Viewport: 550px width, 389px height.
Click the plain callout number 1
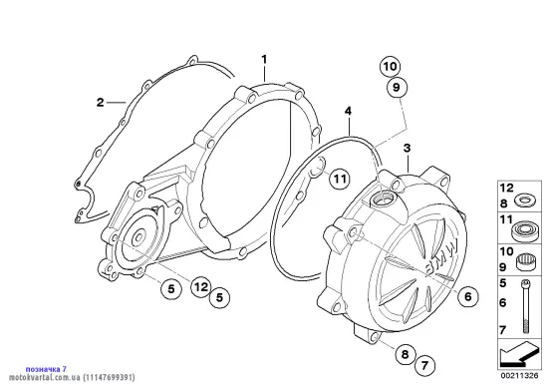pyautogui.click(x=264, y=59)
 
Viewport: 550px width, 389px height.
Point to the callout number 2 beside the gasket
pyautogui.click(x=101, y=103)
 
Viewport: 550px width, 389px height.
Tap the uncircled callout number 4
pyautogui.click(x=348, y=112)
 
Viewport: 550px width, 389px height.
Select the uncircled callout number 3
pyautogui.click(x=407, y=149)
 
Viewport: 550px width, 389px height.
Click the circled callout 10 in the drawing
pyautogui.click(x=390, y=67)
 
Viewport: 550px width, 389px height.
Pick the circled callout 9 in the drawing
pyautogui.click(x=397, y=87)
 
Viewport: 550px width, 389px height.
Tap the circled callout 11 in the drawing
pyautogui.click(x=339, y=180)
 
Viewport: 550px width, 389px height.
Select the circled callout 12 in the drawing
pyautogui.click(x=201, y=287)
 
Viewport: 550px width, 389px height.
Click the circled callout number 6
pyautogui.click(x=468, y=296)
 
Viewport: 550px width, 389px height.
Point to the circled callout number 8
pyautogui.click(x=405, y=354)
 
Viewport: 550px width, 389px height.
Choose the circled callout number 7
pyautogui.click(x=424, y=366)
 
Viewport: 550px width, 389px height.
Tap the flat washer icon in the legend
pyautogui.click(x=524, y=200)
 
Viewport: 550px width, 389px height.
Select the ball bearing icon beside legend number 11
pyautogui.click(x=524, y=230)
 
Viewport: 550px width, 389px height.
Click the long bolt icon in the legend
pyautogui.click(x=525, y=305)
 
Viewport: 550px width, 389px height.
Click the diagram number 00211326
pyautogui.click(x=519, y=376)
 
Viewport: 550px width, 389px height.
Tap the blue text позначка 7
pyautogui.click(x=46, y=369)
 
